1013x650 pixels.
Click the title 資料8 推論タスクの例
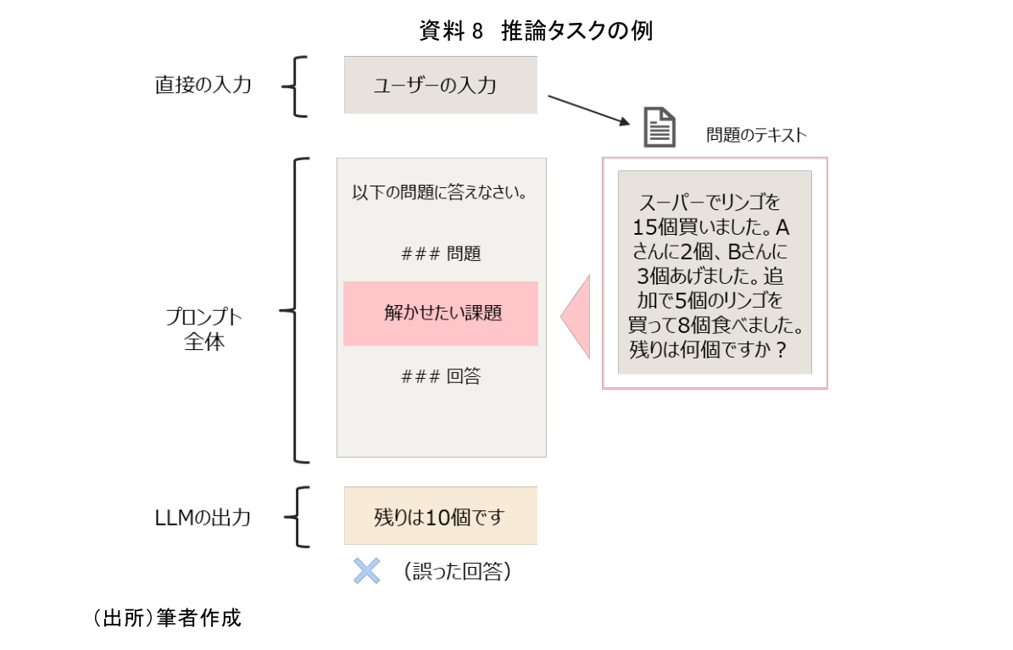tap(535, 31)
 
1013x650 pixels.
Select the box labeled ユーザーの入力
tap(440, 85)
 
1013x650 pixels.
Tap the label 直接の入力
tap(203, 85)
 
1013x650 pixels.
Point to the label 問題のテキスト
tap(756, 135)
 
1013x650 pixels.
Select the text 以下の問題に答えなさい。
tap(441, 192)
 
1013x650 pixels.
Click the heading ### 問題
tap(441, 253)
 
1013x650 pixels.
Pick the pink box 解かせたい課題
tap(441, 314)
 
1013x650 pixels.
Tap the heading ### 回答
tap(441, 376)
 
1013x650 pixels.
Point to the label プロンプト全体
tap(203, 330)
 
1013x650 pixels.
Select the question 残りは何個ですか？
tap(708, 349)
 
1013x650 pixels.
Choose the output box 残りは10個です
tap(440, 516)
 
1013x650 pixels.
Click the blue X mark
tap(366, 571)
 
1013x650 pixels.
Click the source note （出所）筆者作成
tap(167, 619)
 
